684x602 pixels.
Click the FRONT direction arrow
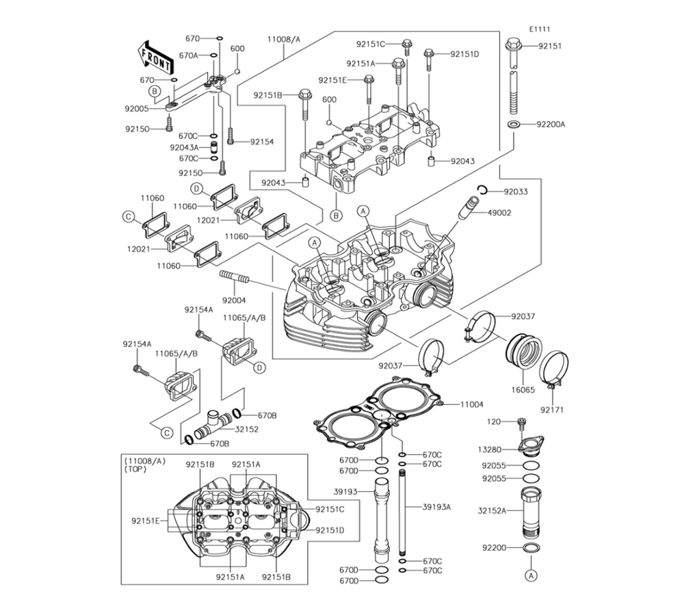(155, 57)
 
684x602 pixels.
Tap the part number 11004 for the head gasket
(471, 405)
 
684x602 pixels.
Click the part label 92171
(553, 410)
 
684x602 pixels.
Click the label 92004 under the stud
(233, 300)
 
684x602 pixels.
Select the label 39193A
(436, 507)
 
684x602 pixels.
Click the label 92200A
(551, 125)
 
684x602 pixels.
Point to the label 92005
(137, 108)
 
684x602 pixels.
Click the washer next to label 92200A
(513, 125)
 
